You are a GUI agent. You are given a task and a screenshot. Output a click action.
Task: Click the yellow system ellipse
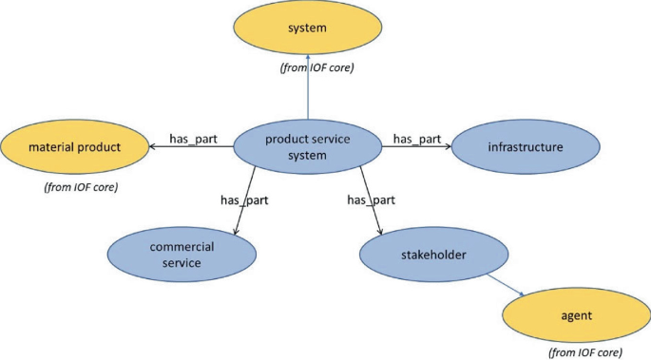pos(308,28)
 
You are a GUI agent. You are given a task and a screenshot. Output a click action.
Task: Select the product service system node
pos(307,147)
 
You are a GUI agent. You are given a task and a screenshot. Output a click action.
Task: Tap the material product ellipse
pos(74,147)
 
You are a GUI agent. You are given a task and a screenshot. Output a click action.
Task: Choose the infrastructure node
pos(525,147)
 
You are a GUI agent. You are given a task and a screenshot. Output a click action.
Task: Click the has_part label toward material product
pos(193,140)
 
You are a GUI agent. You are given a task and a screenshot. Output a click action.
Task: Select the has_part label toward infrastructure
pos(416,140)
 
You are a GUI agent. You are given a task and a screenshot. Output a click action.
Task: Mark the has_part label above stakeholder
pos(371,199)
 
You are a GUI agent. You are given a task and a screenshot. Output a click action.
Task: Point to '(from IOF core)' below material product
pos(82,187)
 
